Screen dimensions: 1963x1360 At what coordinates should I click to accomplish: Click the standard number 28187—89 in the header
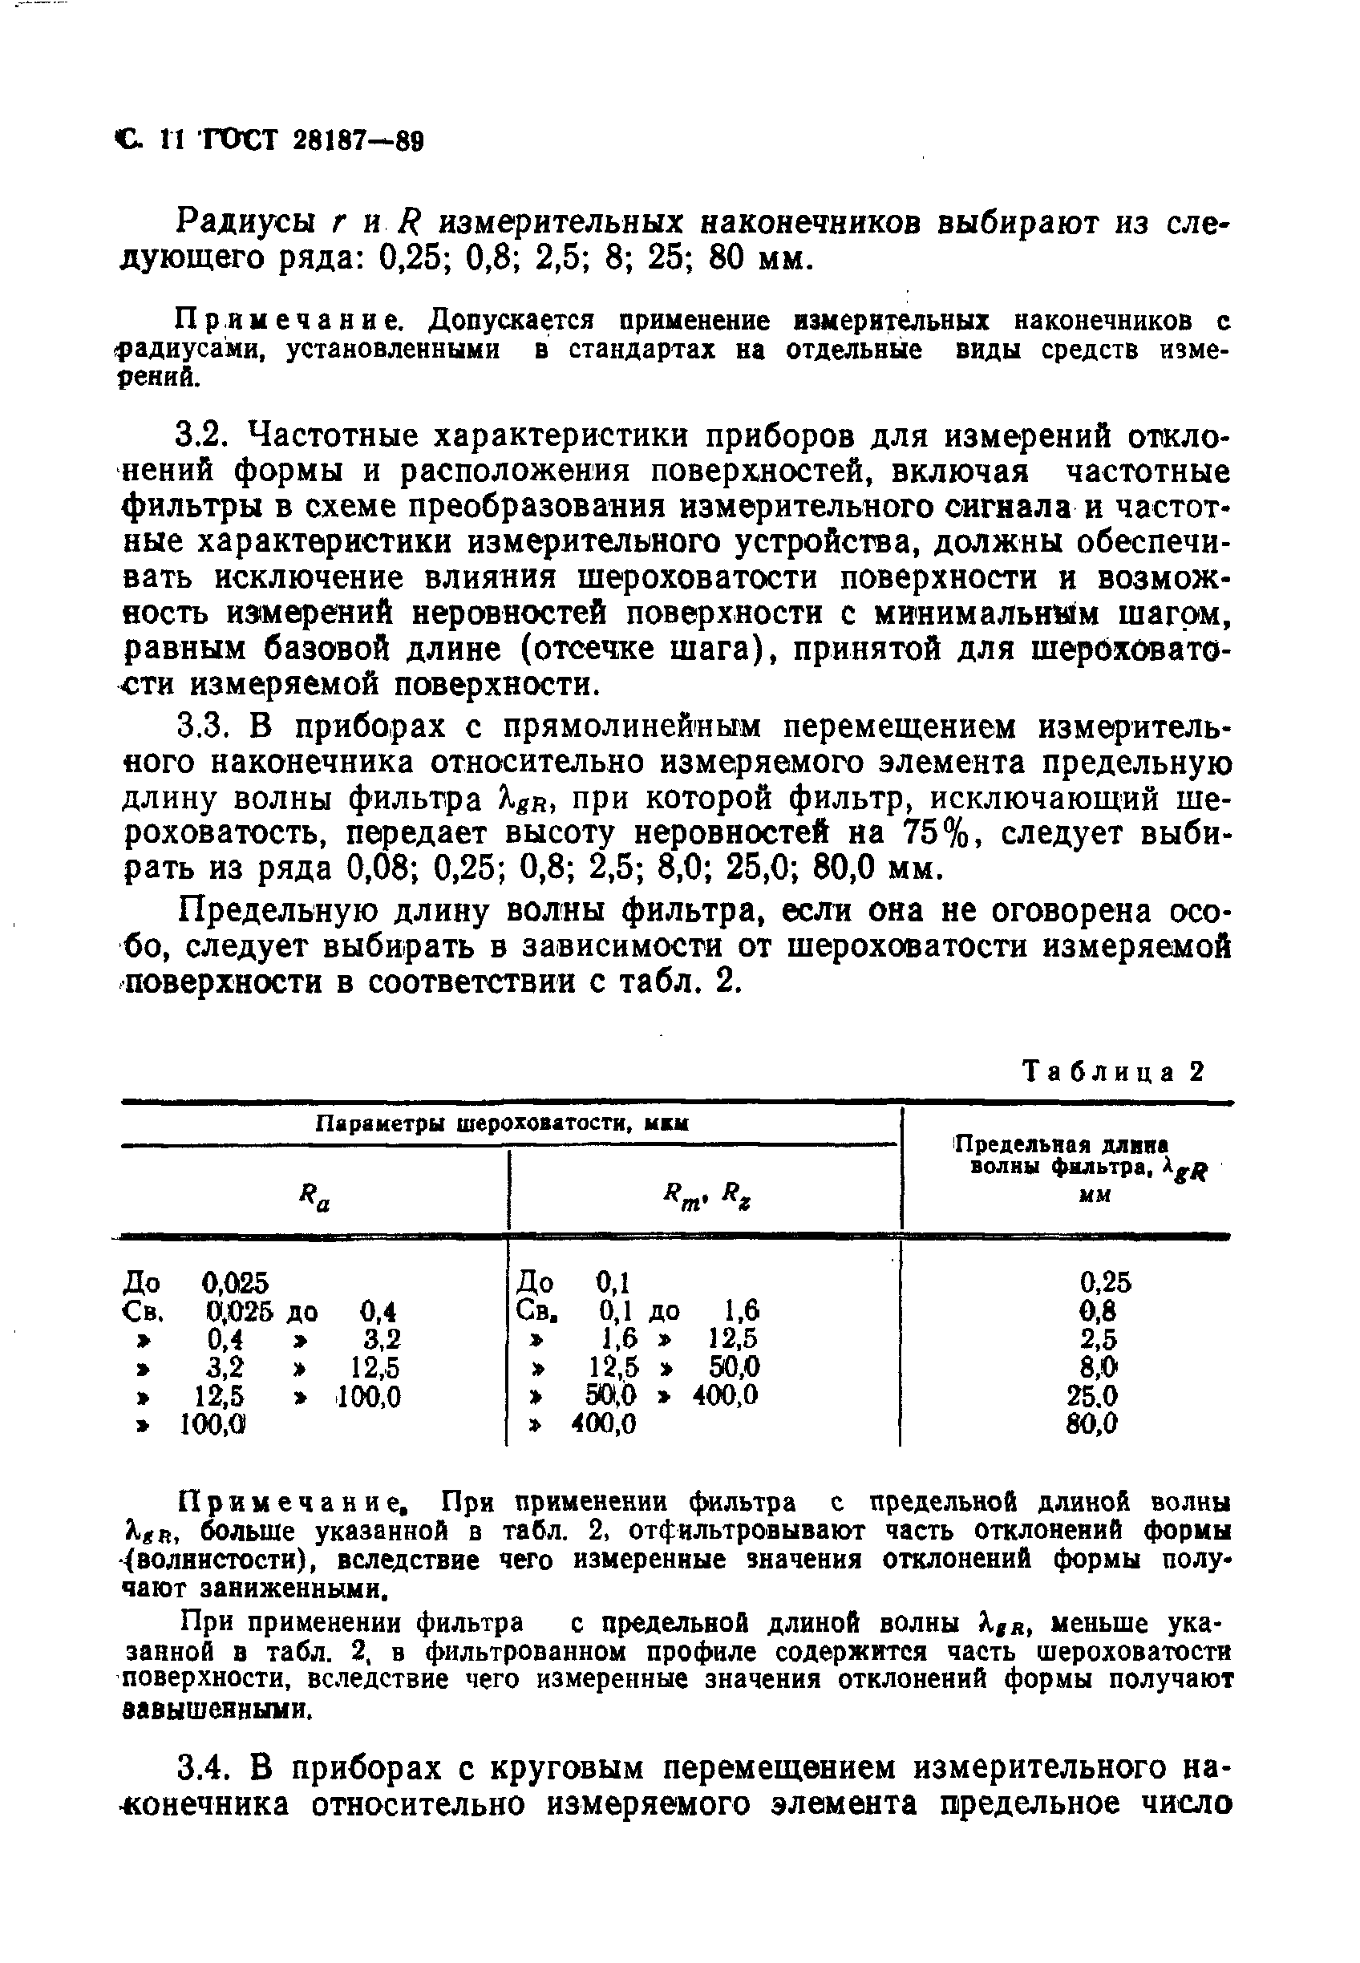coord(358,140)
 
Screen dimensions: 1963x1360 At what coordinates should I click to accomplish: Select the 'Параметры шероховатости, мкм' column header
coord(502,1123)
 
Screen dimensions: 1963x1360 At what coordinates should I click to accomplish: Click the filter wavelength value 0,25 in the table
coord(1105,1281)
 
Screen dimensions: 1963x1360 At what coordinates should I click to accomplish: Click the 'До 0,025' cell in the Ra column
coord(196,1281)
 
